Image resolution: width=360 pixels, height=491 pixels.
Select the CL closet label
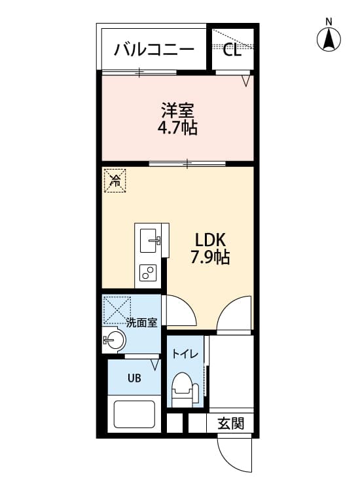[232, 50]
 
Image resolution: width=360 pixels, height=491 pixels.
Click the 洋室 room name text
[177, 110]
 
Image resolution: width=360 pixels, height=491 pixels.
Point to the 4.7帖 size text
[177, 127]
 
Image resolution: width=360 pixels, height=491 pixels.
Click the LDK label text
[209, 240]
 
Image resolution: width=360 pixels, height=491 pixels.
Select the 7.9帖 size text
[209, 257]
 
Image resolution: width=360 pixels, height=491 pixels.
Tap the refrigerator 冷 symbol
[115, 179]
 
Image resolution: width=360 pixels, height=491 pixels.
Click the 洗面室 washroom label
[141, 322]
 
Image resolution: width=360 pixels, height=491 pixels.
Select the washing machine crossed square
[117, 309]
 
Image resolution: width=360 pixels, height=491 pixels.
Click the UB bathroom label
[134, 378]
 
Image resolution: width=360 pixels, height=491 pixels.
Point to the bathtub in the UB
[134, 414]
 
